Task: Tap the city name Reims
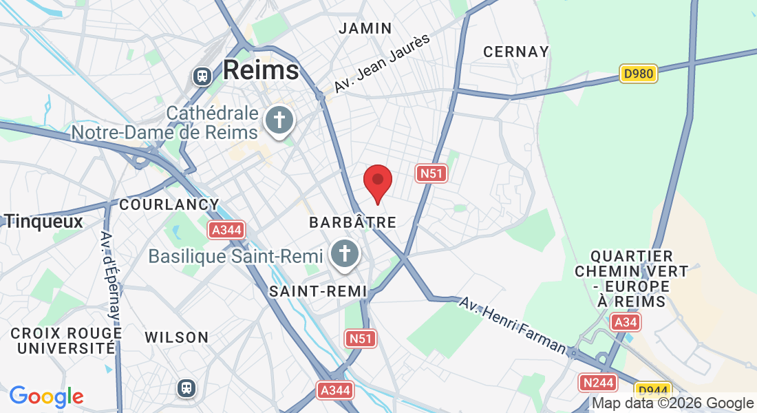point(261,70)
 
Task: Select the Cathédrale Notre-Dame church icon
point(279,120)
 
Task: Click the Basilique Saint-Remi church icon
point(344,253)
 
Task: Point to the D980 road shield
point(639,74)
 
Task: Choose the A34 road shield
point(626,321)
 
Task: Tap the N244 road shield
point(597,382)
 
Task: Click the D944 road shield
point(652,390)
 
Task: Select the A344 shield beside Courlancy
point(227,229)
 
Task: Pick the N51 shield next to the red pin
point(431,173)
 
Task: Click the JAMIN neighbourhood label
point(365,29)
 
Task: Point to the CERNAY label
point(516,52)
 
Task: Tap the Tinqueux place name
point(43,221)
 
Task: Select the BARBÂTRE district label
point(352,222)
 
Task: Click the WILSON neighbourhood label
point(176,337)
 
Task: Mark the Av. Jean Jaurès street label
point(382,63)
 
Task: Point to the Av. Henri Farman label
point(513,326)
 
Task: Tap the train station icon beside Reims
point(202,75)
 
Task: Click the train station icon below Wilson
point(186,388)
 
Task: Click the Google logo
point(46,396)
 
